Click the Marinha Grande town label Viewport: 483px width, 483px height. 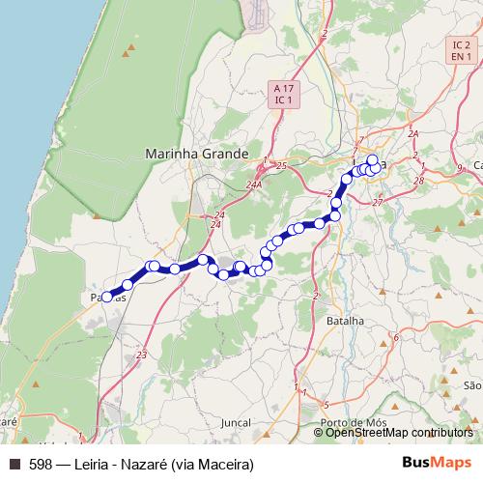pyautogui.click(x=196, y=153)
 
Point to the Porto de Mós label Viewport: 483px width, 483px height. pyautogui.click(x=355, y=422)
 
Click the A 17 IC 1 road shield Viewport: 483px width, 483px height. pyautogui.click(x=283, y=94)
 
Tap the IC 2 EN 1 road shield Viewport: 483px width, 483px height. pyautogui.click(x=461, y=52)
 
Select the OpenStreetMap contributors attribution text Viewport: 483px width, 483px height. pyautogui.click(x=399, y=432)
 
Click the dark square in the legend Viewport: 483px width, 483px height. pyautogui.click(x=14, y=465)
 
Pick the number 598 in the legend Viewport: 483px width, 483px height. pyautogui.click(x=40, y=465)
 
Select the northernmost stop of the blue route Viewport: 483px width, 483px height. pyautogui.click(x=372, y=159)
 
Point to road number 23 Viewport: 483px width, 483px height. pyautogui.click(x=142, y=356)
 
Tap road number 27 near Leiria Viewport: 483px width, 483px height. pyautogui.click(x=378, y=202)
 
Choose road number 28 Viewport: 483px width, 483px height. pyautogui.click(x=418, y=181)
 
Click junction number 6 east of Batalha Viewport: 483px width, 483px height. pyautogui.click(x=395, y=337)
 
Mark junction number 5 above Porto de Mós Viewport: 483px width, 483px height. pyautogui.click(x=327, y=404)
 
